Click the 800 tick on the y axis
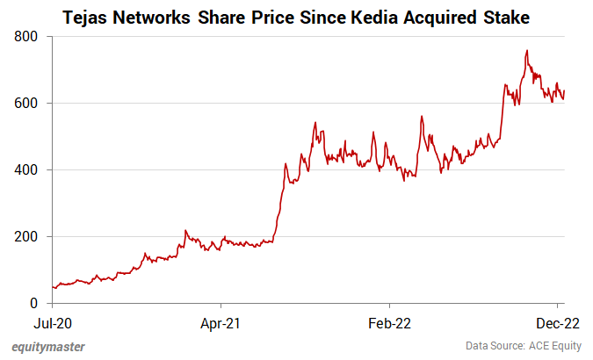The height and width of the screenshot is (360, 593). [25, 37]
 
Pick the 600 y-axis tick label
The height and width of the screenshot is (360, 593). [25, 104]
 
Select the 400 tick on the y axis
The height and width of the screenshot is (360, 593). [25, 170]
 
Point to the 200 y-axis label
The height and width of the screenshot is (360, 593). [25, 237]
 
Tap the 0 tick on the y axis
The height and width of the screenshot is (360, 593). [33, 304]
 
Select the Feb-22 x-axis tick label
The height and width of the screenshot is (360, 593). [389, 322]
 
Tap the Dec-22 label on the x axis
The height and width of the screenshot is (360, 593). [557, 322]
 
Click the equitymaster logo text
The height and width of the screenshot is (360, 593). [49, 346]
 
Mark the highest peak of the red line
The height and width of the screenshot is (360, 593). [526, 51]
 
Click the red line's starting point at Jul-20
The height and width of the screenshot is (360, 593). [53, 287]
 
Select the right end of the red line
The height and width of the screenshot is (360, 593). [564, 90]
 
